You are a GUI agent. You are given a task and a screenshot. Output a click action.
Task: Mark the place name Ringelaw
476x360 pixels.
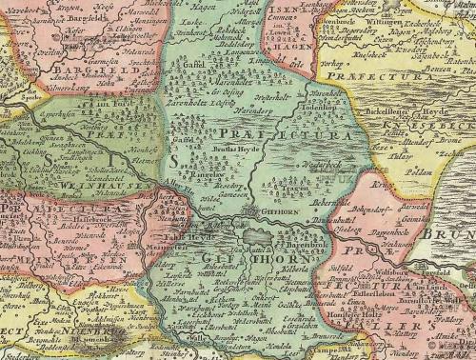click(193, 175)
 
